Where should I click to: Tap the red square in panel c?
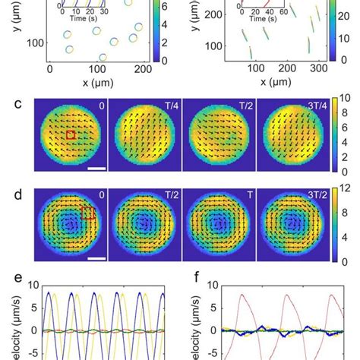pos(71,134)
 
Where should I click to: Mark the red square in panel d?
pos(87,213)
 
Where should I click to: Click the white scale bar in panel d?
pos(96,257)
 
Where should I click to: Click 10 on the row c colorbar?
pos(344,98)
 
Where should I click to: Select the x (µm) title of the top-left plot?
pos(97,81)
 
